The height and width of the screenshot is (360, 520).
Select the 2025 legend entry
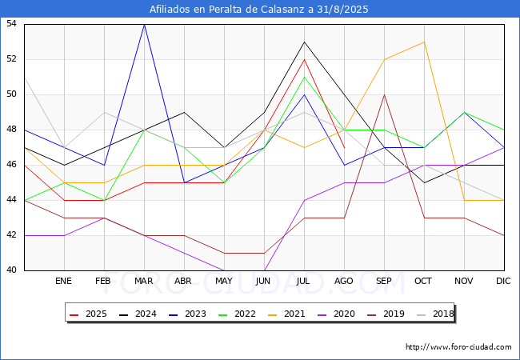click(x=88, y=314)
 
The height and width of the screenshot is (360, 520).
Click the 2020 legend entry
click(x=336, y=314)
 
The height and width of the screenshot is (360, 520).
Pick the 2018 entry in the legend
click(x=435, y=314)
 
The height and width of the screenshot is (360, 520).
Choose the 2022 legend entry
click(x=237, y=314)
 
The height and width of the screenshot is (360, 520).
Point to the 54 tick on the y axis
click(x=11, y=23)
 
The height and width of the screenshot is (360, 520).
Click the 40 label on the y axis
click(x=11, y=270)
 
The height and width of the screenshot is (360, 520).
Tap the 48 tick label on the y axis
click(x=11, y=130)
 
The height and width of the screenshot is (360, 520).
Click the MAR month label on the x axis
click(x=143, y=281)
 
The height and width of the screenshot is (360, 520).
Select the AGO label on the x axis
click(x=343, y=281)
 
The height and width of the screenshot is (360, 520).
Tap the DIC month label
click(x=503, y=281)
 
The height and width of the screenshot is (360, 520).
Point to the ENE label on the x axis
click(x=63, y=281)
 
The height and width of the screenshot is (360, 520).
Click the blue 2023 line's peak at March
click(x=144, y=25)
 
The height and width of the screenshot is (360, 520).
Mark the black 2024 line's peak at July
click(x=305, y=42)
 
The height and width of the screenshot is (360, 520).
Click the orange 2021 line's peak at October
click(x=424, y=42)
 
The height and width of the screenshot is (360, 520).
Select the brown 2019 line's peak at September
click(x=384, y=95)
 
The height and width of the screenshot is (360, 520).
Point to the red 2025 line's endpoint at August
click(x=344, y=147)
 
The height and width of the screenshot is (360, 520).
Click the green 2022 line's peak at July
click(x=305, y=78)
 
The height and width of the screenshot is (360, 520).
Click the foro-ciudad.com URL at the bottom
click(x=458, y=347)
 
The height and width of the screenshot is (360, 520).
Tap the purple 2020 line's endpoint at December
click(x=504, y=147)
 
